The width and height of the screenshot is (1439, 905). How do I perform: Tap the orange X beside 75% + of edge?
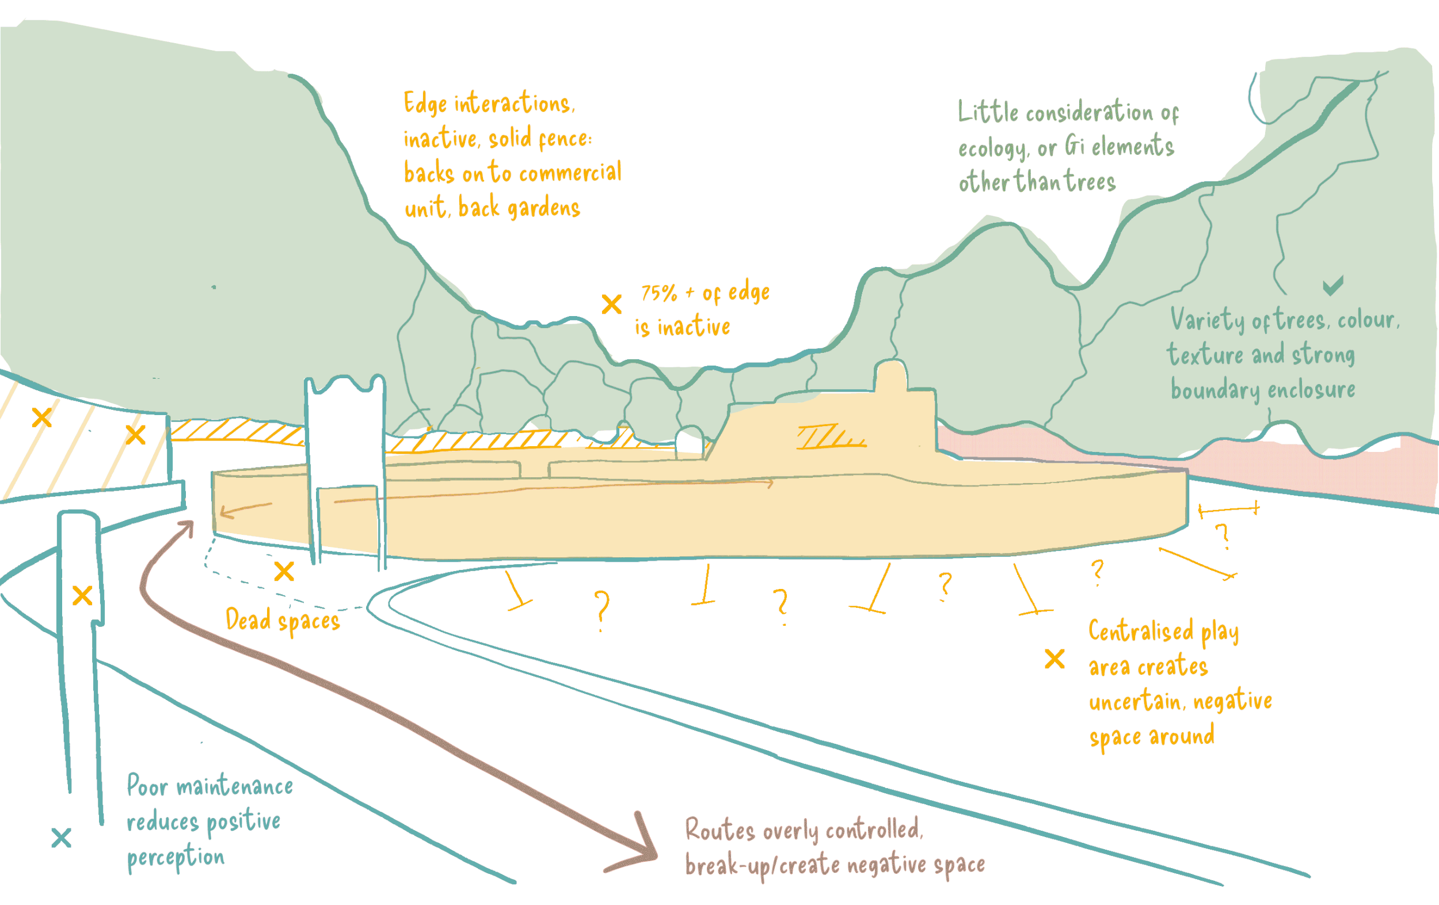(x=611, y=304)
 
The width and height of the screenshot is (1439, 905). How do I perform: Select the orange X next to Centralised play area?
(x=1054, y=659)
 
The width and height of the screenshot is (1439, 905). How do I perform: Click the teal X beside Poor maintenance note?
(x=61, y=838)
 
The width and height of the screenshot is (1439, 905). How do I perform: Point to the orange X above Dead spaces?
(x=284, y=572)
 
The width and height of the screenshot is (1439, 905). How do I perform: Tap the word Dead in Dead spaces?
(x=248, y=619)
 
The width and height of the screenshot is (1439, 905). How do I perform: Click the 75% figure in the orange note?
(x=659, y=293)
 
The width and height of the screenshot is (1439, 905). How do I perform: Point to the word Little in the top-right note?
(x=988, y=112)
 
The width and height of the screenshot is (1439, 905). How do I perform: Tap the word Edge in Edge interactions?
(x=425, y=104)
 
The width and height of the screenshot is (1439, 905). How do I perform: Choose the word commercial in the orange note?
(x=570, y=173)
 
